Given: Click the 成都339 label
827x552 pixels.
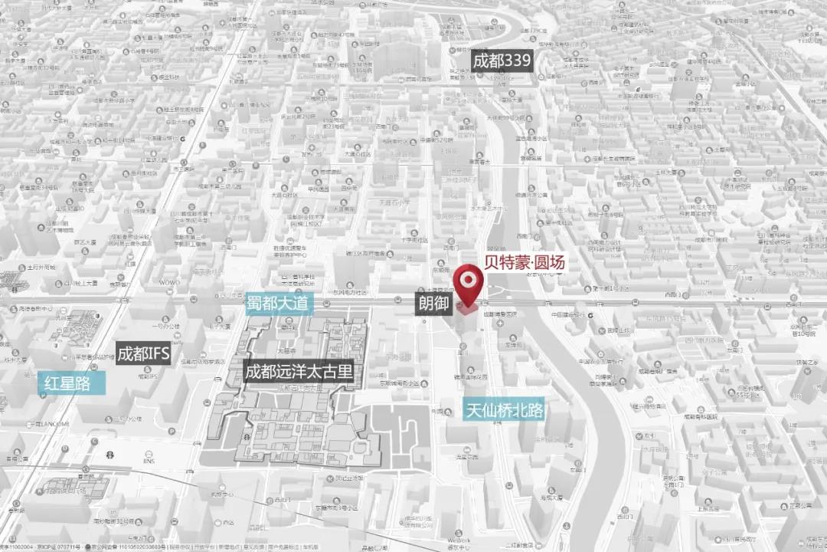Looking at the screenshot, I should [502, 62].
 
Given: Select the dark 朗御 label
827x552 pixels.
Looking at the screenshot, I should [433, 304].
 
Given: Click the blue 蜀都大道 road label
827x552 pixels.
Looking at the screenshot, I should [279, 304].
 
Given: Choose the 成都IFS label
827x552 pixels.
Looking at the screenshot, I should [143, 353].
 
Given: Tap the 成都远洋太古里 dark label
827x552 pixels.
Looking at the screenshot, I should [299, 373].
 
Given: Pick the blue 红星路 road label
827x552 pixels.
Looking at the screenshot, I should [65, 383].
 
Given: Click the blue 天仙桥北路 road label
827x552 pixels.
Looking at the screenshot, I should [505, 410].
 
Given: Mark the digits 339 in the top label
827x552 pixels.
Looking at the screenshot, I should [516, 62].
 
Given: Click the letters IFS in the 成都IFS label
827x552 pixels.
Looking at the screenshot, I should [157, 353].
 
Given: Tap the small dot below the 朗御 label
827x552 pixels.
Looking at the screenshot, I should [425, 321].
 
